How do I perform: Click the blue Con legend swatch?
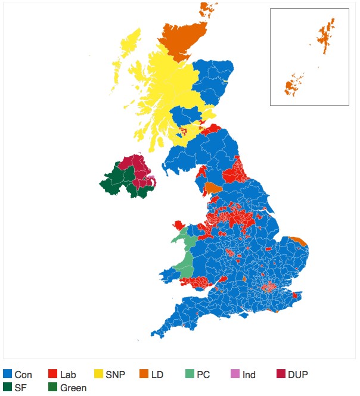8,375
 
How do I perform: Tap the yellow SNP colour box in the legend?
100,375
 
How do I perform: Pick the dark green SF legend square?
8,388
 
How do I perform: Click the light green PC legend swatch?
189,375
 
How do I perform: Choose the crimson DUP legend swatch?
281,375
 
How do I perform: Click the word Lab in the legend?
69,375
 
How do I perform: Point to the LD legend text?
157,375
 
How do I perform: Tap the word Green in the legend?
73,388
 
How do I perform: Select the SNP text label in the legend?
116,375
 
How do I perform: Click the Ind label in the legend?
249,375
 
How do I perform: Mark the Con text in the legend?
23,375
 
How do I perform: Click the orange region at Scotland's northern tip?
178,39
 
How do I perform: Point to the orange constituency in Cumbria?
213,189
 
